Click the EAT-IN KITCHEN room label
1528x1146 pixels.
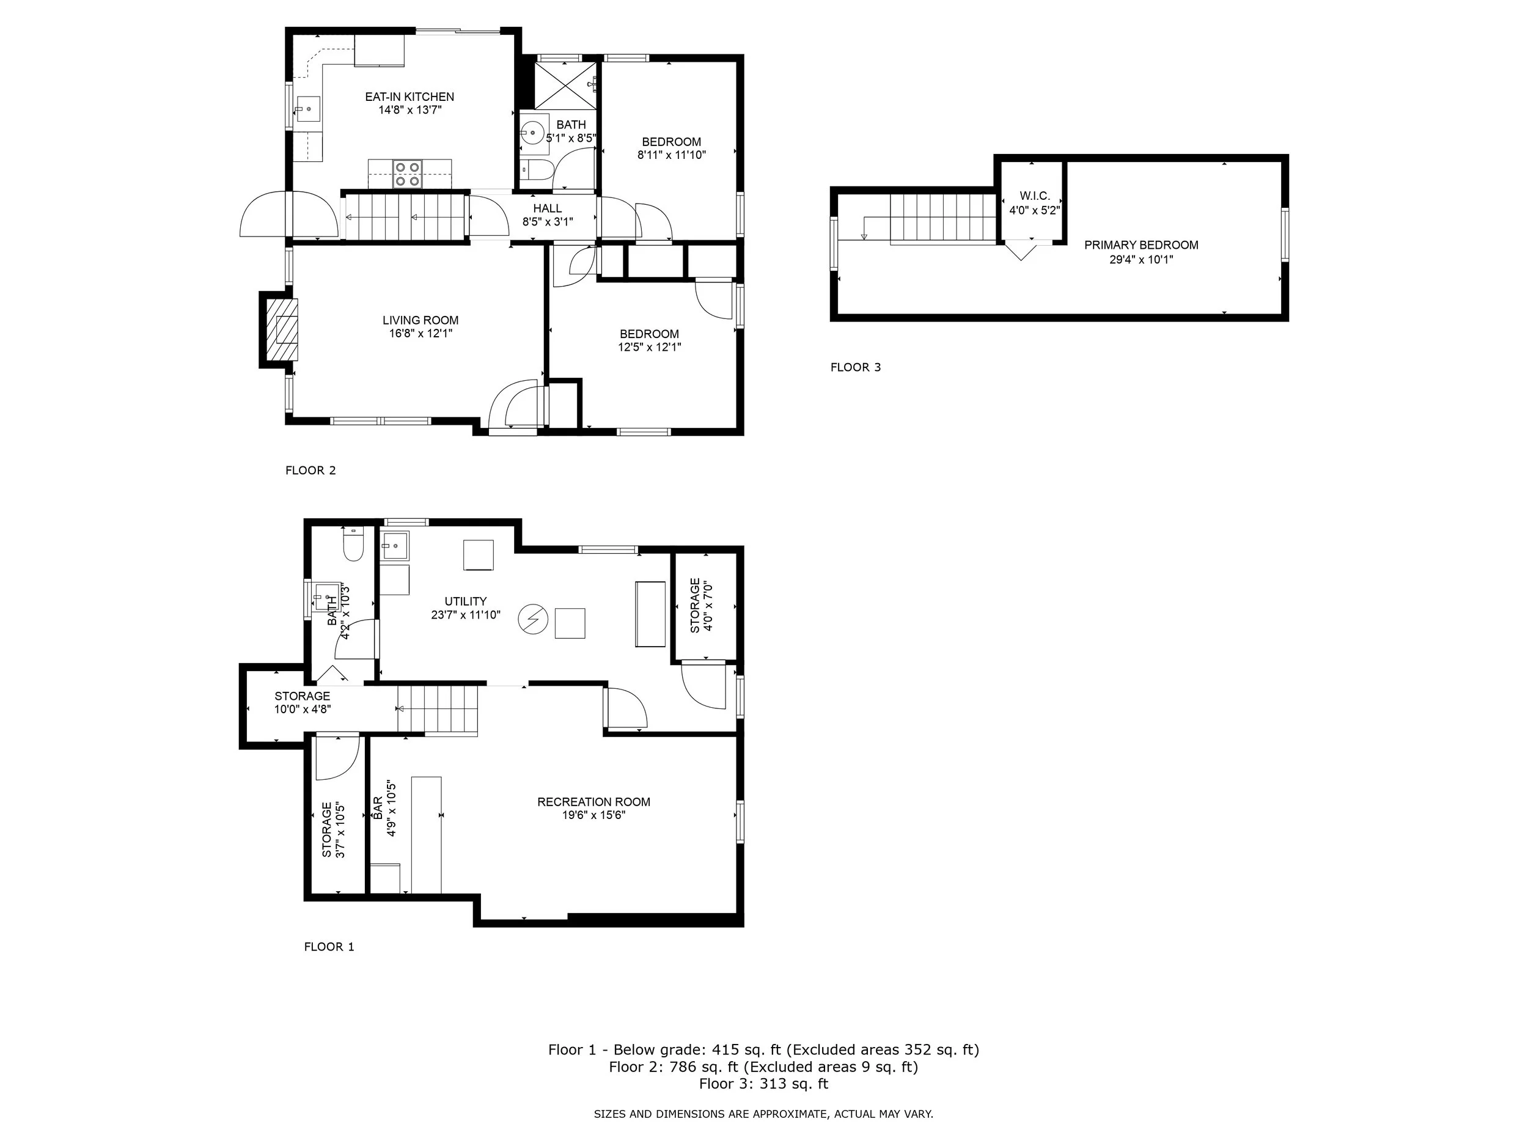(410, 97)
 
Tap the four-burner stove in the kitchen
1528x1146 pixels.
(407, 174)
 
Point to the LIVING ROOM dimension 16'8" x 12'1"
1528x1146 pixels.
(420, 334)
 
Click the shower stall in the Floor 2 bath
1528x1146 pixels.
(566, 85)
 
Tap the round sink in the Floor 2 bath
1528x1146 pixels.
(532, 132)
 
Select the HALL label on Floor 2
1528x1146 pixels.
(547, 208)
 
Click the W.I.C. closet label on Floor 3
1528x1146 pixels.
(1034, 197)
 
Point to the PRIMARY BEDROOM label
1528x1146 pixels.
(1141, 245)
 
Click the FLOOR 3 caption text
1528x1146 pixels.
(855, 367)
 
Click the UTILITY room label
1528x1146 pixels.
(466, 601)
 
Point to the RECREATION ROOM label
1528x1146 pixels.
(593, 802)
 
